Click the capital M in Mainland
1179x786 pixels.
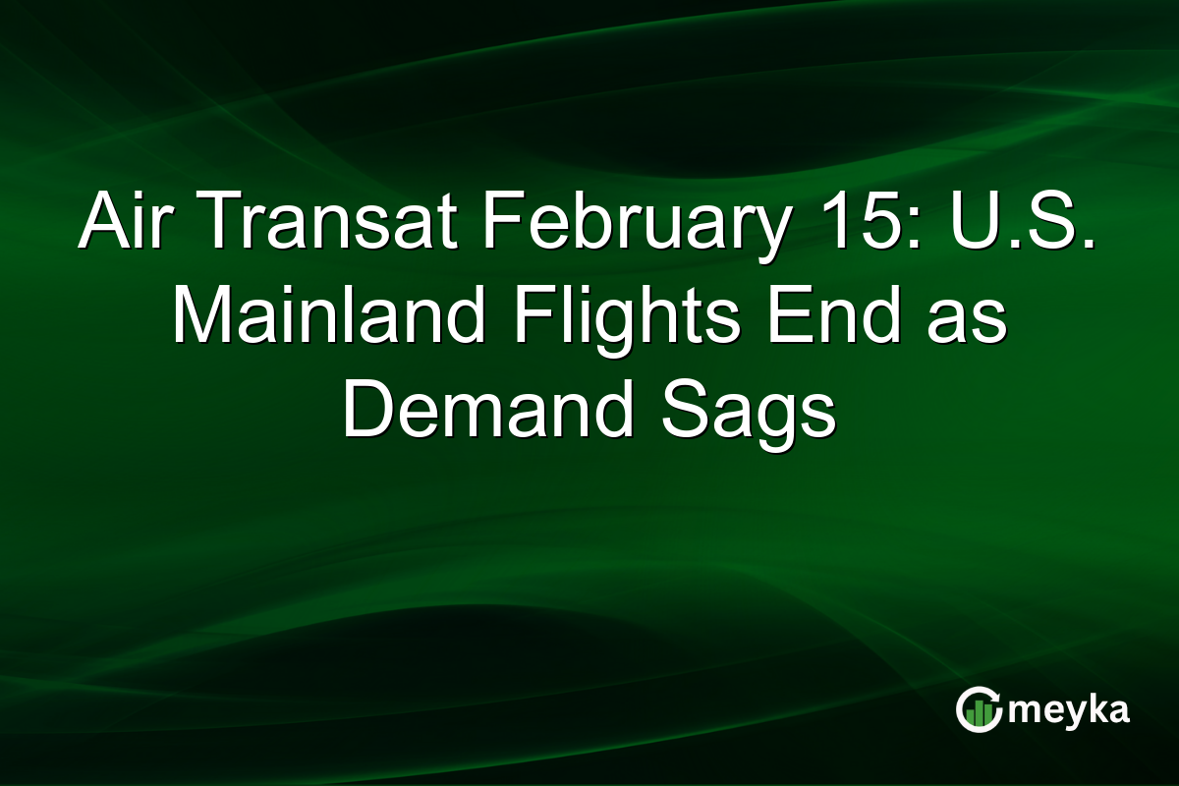[x=197, y=319]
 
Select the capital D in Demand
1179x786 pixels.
[x=365, y=414]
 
